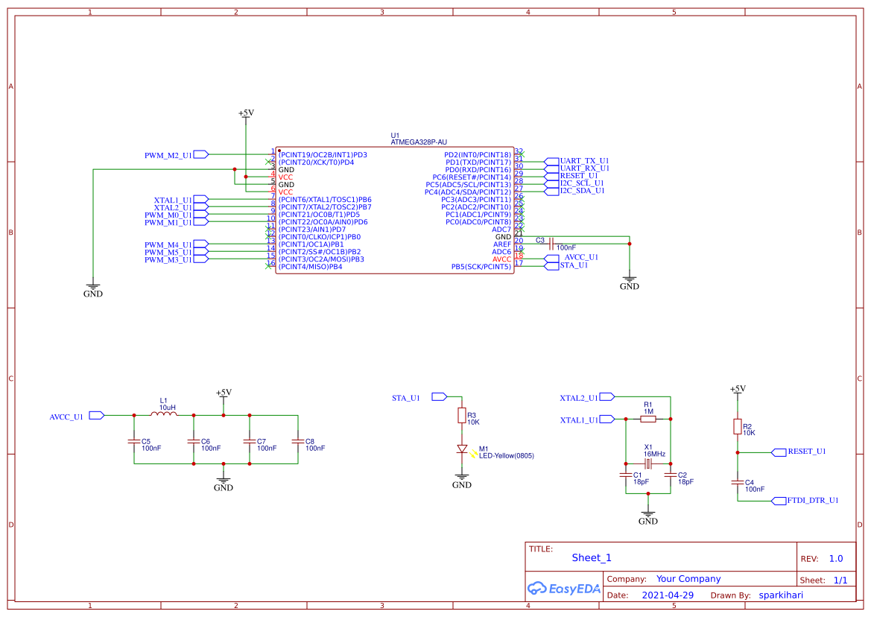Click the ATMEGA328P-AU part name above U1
[419, 142]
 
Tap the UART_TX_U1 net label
[584, 161]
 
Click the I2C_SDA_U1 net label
[582, 191]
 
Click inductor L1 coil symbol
[165, 414]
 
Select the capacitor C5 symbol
[134, 441]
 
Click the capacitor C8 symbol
[298, 441]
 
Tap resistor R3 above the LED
[462, 415]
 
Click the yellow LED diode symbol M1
[462, 449]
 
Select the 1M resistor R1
[648, 419]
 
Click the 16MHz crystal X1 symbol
[648, 464]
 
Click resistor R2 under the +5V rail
[738, 427]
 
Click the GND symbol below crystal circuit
[648, 516]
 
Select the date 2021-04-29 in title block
[668, 595]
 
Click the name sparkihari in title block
[781, 595]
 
